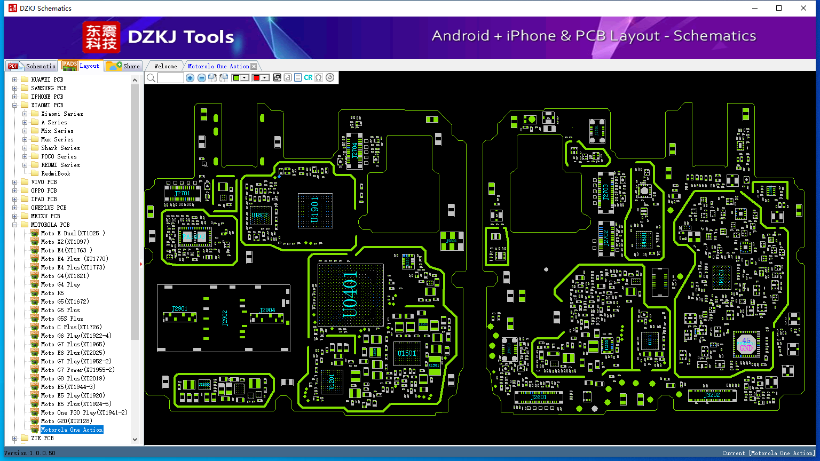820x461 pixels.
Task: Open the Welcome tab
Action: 165,66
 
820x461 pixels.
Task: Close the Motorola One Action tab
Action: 254,66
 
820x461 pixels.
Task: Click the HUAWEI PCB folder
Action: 47,80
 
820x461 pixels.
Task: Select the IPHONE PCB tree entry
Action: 47,97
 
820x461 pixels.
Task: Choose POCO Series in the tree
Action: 59,156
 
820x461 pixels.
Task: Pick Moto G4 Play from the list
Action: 60,284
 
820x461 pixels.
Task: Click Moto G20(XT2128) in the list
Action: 66,421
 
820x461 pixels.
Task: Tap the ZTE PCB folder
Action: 42,438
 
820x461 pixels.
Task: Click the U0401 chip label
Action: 350,295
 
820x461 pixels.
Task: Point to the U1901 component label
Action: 315,210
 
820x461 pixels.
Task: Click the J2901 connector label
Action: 180,309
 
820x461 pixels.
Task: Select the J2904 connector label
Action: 267,310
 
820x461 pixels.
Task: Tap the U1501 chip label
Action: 407,354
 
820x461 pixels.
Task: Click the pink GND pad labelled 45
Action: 746,344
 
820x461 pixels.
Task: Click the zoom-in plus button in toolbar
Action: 190,78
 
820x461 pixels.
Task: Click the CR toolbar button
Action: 308,78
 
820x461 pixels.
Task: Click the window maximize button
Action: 779,8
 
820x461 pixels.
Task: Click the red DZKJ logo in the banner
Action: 101,37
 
